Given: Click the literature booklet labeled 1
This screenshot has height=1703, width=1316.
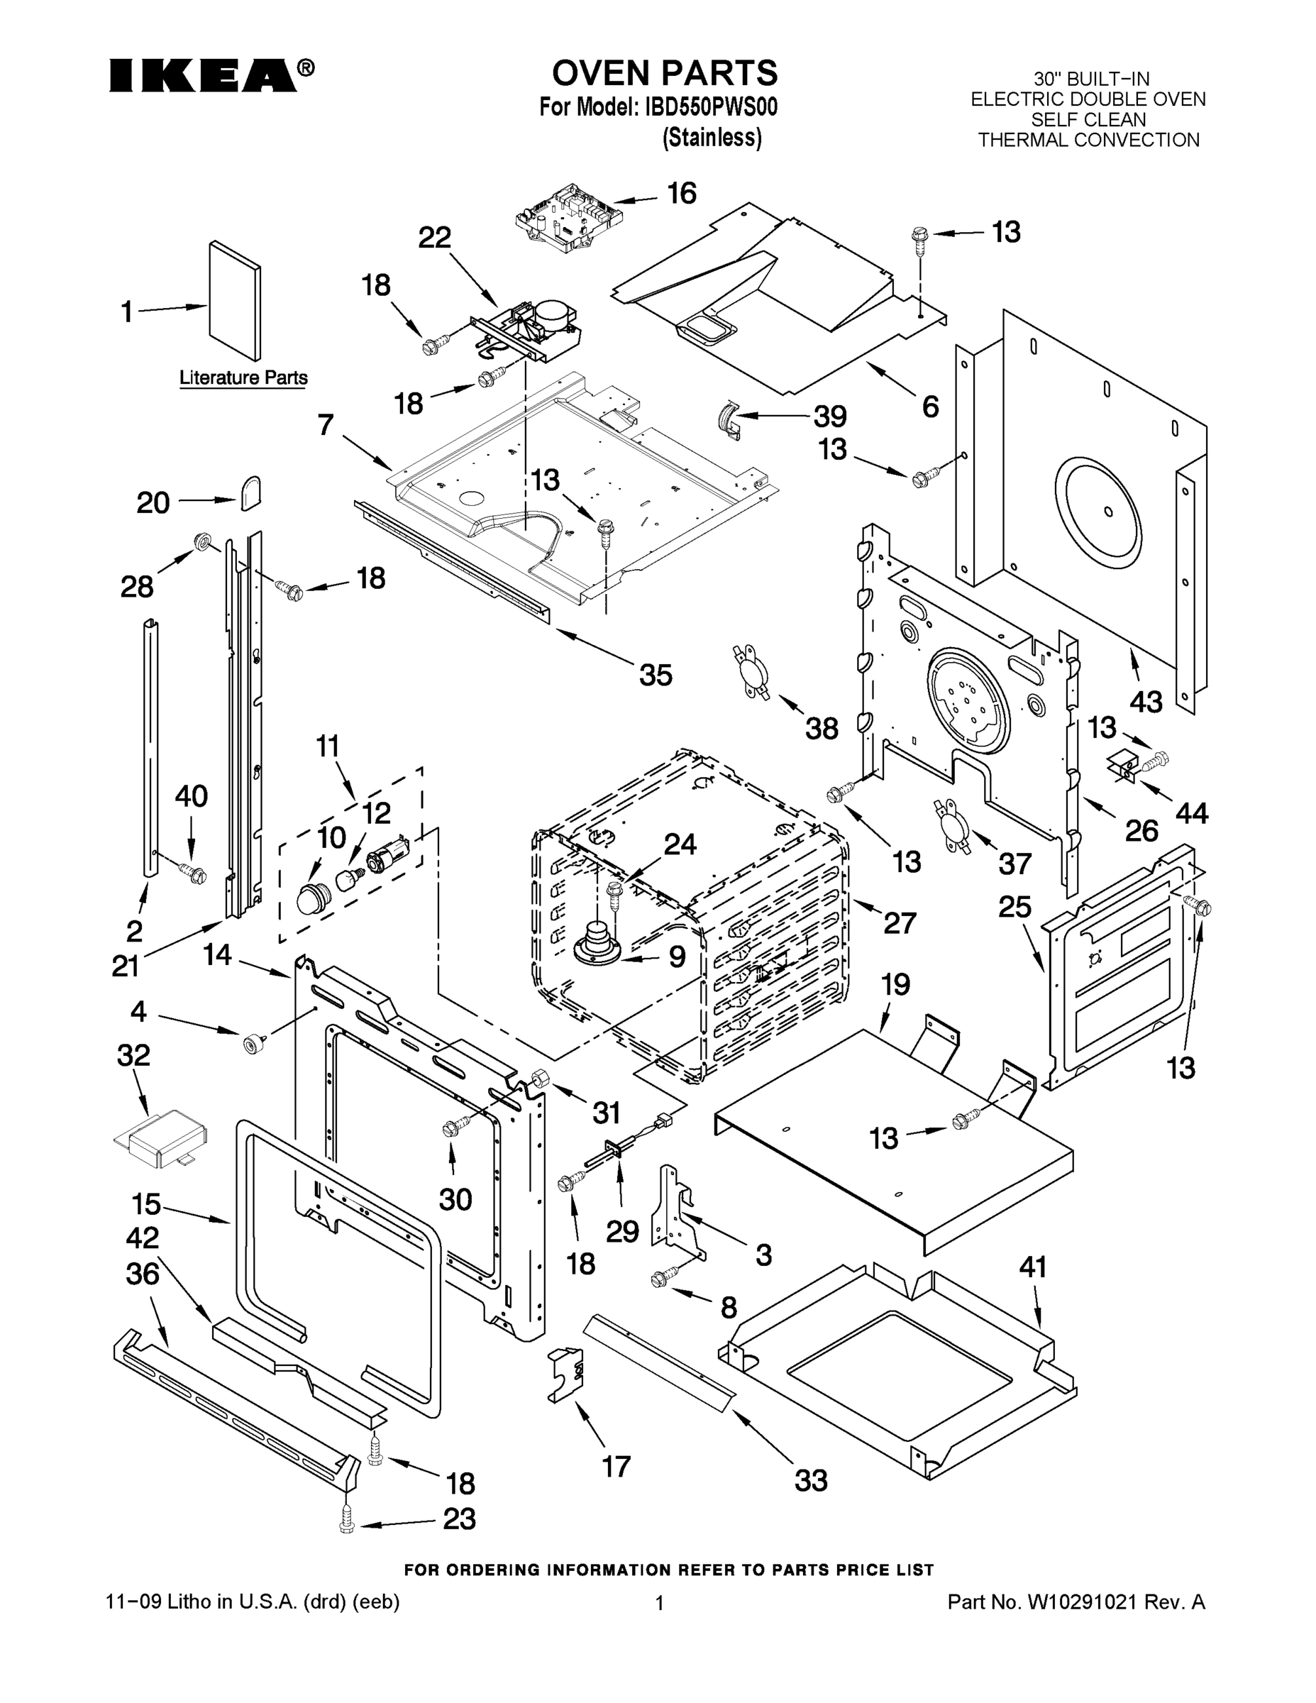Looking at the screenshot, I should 235,300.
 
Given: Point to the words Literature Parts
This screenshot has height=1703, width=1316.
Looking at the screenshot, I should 243,378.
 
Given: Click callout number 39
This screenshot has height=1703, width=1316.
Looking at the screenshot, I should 829,417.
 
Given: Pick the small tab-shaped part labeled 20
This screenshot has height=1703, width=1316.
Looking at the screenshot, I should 250,493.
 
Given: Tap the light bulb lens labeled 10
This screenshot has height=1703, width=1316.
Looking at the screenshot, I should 314,896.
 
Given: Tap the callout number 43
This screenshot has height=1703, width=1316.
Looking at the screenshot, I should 1145,702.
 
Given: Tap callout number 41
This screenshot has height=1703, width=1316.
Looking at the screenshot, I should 1032,1267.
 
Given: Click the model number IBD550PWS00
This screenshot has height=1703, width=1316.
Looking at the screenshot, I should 710,107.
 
